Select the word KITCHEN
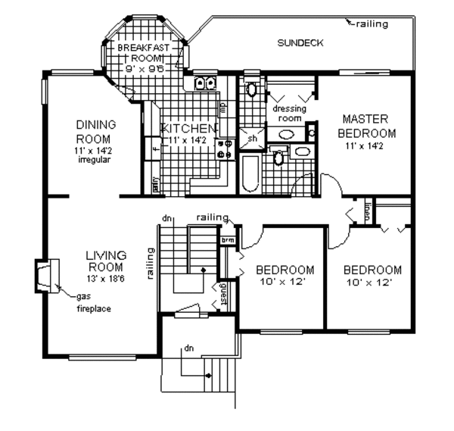[x=190, y=128]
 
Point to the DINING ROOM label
[x=94, y=132]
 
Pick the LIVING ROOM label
[x=105, y=261]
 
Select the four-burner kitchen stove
[x=224, y=148]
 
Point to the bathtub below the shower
[x=250, y=174]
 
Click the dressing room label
[x=287, y=114]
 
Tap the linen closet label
[x=367, y=211]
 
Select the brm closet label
[x=225, y=240]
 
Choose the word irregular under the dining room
[x=95, y=160]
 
